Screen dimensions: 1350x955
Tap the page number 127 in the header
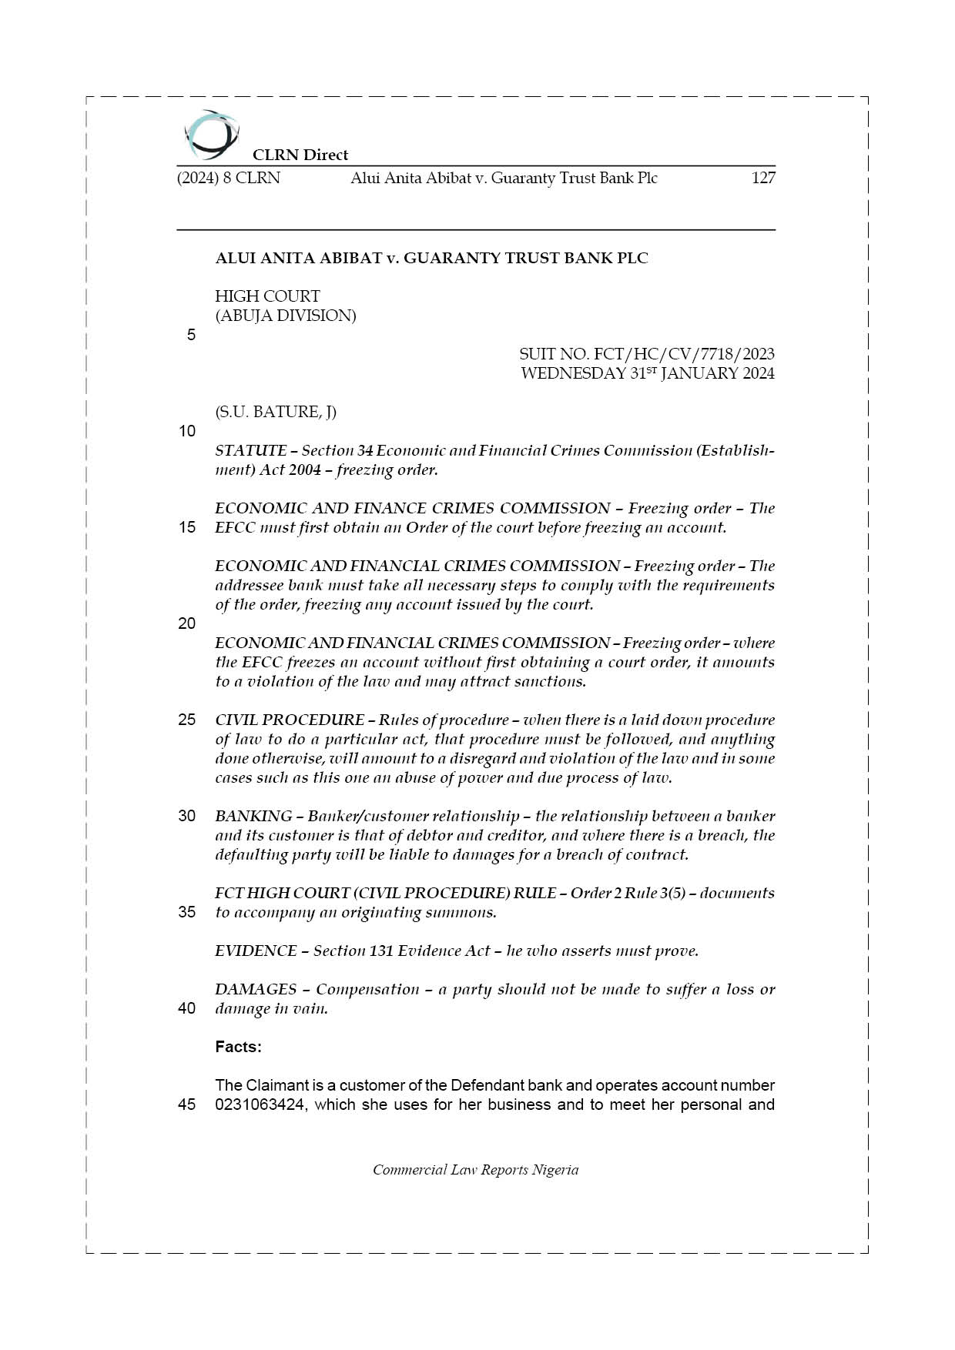point(763,178)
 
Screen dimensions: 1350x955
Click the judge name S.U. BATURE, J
point(276,412)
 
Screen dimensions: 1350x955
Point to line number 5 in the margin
point(191,335)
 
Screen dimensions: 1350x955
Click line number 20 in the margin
point(187,623)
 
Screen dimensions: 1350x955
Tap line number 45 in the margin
point(187,1104)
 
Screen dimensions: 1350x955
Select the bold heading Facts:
point(238,1047)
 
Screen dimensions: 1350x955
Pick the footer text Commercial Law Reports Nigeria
point(475,1170)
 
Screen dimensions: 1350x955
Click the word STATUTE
point(251,450)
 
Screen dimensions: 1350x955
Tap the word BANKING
point(253,816)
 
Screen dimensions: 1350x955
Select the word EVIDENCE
point(256,951)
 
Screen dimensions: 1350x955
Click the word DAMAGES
point(256,989)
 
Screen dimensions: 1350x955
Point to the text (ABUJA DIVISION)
point(286,316)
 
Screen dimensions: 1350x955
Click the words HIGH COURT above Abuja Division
point(267,296)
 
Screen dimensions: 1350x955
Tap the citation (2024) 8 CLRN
point(229,178)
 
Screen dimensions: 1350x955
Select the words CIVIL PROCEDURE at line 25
point(290,720)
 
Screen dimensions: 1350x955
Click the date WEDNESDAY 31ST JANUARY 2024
point(647,373)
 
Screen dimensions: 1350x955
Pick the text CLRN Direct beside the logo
point(300,155)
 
